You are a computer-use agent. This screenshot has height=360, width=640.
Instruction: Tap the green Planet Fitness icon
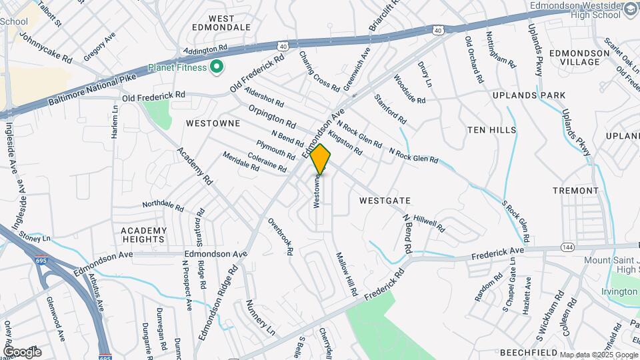[216, 67]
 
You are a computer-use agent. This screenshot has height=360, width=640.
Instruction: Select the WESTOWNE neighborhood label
[213, 123]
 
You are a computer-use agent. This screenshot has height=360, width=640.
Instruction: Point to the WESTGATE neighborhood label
[385, 200]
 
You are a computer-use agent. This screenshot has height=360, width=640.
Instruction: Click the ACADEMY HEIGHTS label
[143, 234]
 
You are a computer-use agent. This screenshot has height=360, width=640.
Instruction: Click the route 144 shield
[568, 247]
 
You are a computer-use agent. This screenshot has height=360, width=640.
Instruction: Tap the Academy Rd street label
[194, 166]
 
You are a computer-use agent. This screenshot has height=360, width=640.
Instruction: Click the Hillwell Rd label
[429, 223]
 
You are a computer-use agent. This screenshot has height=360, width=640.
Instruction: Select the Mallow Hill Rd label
[347, 275]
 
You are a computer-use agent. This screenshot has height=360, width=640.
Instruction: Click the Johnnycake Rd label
[46, 47]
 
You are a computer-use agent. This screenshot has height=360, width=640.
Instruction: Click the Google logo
[22, 351]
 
